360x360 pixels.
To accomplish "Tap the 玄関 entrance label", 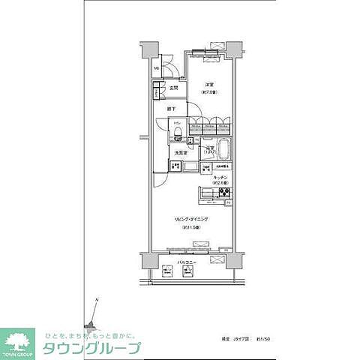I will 174,88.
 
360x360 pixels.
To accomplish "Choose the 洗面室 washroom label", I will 180,153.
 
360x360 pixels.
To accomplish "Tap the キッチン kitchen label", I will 220,176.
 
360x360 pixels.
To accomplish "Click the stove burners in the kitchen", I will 224,195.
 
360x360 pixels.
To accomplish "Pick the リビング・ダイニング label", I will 191,218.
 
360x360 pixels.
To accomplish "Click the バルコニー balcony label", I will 187,262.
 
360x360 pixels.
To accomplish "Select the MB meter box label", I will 157,70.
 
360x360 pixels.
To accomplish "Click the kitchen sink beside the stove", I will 207,195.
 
